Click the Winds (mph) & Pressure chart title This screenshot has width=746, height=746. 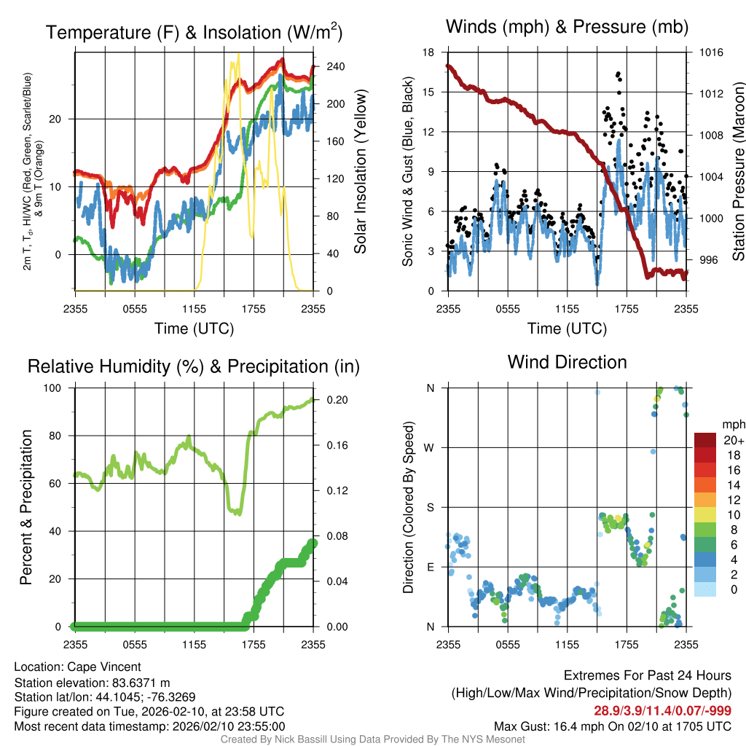[x=568, y=27]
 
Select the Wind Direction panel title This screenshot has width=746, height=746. [x=568, y=362]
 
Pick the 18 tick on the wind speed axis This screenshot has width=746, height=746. [x=429, y=52]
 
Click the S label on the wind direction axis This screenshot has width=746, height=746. [x=430, y=507]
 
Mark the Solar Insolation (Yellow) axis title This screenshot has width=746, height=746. [x=361, y=172]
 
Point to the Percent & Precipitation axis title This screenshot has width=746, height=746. [x=27, y=507]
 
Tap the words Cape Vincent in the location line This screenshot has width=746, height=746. [x=104, y=667]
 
